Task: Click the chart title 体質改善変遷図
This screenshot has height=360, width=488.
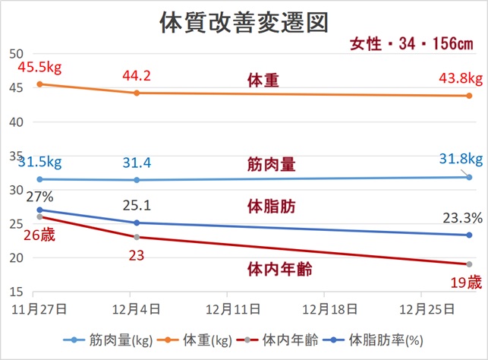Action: click(x=244, y=22)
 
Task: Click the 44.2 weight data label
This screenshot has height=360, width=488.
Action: click(x=136, y=74)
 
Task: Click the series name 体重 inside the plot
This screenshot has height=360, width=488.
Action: click(x=263, y=81)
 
